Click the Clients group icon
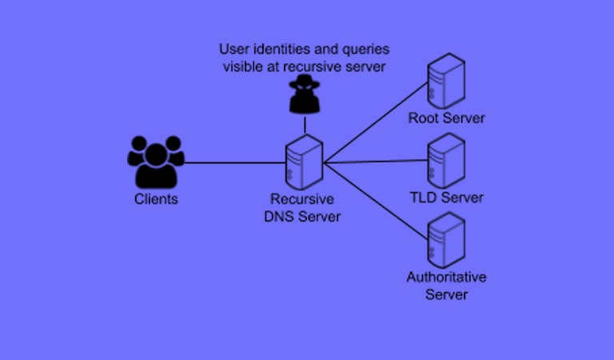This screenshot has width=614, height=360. [156, 162]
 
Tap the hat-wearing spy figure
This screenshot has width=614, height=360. [305, 94]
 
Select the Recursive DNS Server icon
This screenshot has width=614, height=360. [305, 162]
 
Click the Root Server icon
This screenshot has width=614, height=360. [446, 81]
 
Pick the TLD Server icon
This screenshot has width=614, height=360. [446, 161]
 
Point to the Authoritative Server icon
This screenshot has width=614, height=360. [446, 240]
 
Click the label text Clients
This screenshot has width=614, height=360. [156, 199]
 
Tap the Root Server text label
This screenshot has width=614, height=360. [446, 118]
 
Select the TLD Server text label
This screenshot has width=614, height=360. [446, 198]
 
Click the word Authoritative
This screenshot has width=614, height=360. [446, 277]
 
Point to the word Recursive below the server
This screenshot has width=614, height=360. [302, 199]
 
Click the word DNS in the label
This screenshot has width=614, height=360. [279, 216]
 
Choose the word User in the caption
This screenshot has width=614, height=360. [234, 50]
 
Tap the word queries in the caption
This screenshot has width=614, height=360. [365, 50]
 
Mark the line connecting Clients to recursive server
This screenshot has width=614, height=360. [235, 162]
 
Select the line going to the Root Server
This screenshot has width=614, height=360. [376, 122]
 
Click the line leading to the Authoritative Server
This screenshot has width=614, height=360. [376, 201]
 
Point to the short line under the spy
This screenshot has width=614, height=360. [305, 125]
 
